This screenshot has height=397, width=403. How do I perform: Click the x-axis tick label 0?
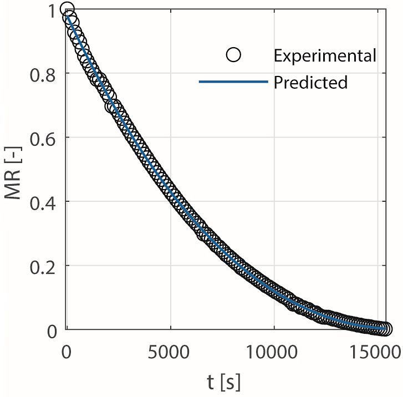point(67,352)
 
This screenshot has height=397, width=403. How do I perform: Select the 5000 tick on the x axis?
point(171,352)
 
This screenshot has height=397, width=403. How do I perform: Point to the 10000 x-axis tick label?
point(274,352)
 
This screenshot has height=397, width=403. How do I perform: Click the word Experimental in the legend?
point(325,55)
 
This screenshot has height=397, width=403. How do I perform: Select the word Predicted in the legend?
point(310,83)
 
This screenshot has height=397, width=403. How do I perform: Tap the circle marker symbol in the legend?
point(234,55)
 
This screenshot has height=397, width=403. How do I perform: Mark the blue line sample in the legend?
point(233,83)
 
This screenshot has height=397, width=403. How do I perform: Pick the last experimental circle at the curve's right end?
point(385,329)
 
